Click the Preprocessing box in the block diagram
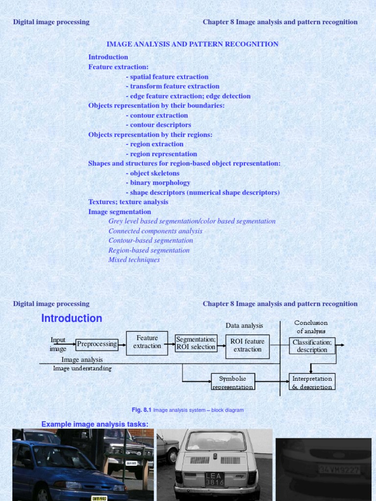point(97,344)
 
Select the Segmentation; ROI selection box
point(196,343)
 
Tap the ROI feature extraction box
point(247,345)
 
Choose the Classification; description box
point(312,346)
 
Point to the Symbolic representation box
point(233,382)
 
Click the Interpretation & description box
point(312,382)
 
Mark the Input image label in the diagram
point(58,344)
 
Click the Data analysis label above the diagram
point(244,325)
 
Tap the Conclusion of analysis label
point(311,327)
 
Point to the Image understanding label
point(82,368)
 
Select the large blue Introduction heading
point(71,319)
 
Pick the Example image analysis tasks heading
point(94,424)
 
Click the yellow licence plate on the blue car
point(99,498)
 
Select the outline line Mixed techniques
point(134,260)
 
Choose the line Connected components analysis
point(155,231)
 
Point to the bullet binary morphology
point(158,182)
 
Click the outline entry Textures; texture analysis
point(128,202)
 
